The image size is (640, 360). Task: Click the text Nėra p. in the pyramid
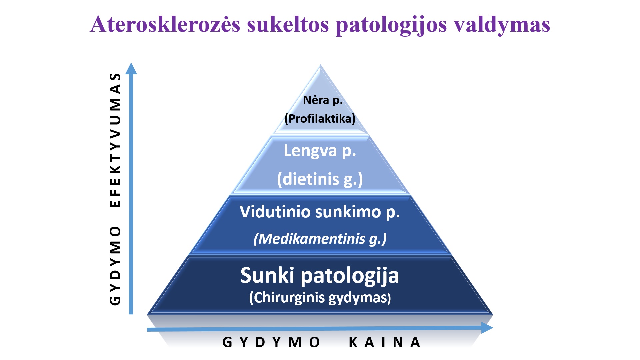pos(323,100)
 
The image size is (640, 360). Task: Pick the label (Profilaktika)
pos(320,119)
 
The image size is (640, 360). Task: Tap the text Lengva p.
pos(320,151)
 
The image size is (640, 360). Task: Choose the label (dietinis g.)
pos(320,179)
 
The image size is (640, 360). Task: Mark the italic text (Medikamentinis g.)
pos(320,239)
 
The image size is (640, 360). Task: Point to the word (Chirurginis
pos(287,297)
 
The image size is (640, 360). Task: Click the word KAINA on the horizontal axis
pos(384,342)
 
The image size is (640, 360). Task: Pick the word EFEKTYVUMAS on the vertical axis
pos(115,140)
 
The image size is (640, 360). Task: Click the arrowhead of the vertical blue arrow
pos(131,68)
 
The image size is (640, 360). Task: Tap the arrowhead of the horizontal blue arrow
pos(487,328)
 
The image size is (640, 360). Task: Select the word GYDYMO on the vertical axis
pos(115,266)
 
